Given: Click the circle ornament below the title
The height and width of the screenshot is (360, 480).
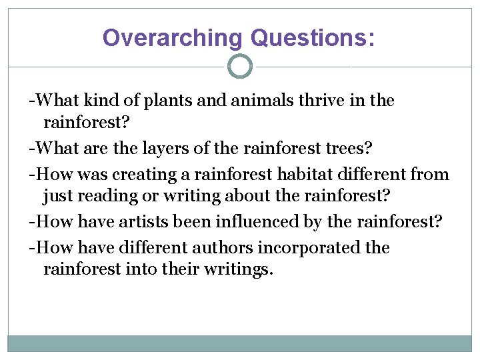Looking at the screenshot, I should coord(240,66).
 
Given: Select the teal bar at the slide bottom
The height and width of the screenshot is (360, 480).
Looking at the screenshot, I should coord(240,343).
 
